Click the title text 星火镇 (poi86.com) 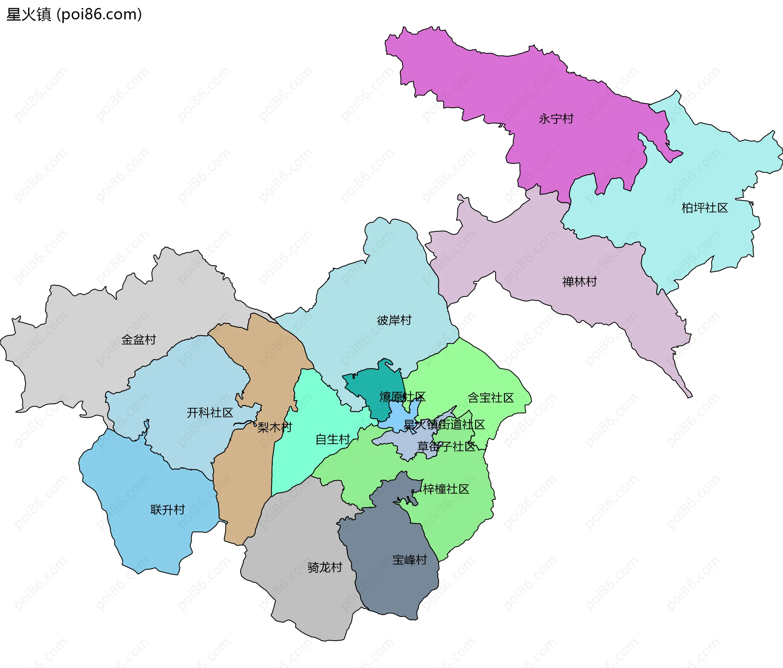point(74,15)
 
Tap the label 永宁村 point(556,119)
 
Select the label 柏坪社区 point(704,208)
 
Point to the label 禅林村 point(579,282)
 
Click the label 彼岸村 point(394,320)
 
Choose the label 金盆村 point(138,340)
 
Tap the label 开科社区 point(210,413)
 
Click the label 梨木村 point(274,427)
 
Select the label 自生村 point(333,439)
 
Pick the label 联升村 point(168,510)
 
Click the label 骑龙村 point(325,567)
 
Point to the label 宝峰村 point(409,560)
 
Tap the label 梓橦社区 point(446,489)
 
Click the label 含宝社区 point(491,398)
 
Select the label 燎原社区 point(402,397)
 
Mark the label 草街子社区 point(446,446)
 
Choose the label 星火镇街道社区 point(444,425)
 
